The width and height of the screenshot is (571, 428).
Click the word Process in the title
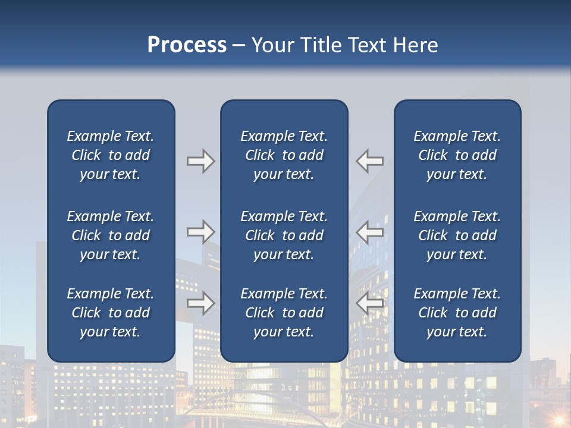187,45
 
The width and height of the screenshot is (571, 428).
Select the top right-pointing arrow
200,161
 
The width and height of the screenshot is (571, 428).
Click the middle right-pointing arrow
200,232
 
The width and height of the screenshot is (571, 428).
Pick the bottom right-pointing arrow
200,303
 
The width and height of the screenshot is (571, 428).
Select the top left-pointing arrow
370,161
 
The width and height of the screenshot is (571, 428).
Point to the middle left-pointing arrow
370,232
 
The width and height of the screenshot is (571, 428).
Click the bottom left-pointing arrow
370,303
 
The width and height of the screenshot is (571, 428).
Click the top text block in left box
111,155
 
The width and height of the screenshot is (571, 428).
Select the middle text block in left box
111,235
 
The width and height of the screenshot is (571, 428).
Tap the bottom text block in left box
111,313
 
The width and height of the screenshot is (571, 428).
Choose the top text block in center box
284,155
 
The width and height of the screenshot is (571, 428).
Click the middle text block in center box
284,235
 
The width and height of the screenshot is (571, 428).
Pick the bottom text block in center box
284,313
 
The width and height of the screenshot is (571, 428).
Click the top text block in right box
457,155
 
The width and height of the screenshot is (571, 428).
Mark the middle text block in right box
457,235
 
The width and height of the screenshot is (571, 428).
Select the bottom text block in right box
457,313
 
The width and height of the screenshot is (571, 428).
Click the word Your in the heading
273,45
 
